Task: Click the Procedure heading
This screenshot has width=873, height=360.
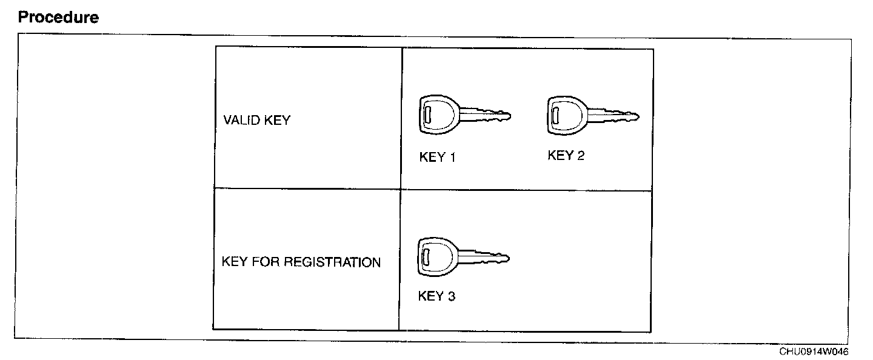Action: point(58,18)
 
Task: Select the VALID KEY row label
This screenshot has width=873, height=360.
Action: point(256,120)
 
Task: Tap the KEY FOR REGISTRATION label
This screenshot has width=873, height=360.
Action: point(301,262)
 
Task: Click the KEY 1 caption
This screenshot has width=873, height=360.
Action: point(437,158)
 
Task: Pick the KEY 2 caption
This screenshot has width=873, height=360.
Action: point(566,156)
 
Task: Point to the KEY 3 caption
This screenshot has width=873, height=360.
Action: point(436,296)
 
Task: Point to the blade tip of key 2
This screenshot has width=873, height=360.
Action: point(637,115)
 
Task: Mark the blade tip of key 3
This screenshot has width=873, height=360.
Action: point(507,259)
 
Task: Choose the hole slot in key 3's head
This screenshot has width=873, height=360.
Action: point(426,254)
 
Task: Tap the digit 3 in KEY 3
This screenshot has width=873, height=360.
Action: point(451,296)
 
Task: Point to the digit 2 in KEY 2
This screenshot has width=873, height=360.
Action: point(581,156)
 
